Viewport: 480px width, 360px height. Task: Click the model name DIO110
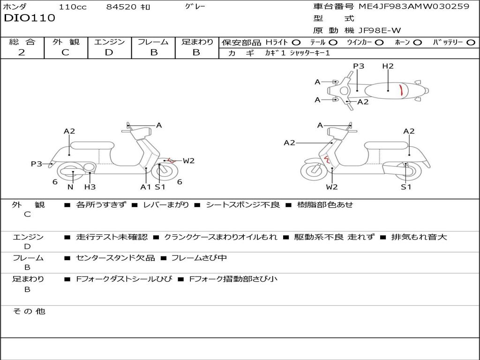(x=30, y=18)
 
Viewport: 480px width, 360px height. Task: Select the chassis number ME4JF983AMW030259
(x=414, y=7)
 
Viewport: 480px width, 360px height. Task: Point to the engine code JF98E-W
(x=380, y=30)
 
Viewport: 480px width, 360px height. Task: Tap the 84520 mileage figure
(x=121, y=7)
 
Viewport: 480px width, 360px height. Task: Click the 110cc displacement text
(x=73, y=7)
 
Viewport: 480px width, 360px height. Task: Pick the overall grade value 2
(x=22, y=52)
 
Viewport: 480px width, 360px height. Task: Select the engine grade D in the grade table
(x=109, y=52)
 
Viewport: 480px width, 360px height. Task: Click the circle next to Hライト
(x=296, y=42)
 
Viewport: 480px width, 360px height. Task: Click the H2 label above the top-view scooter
(x=388, y=66)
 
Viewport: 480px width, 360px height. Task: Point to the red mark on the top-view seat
(x=401, y=89)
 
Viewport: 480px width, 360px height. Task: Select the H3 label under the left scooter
(x=90, y=187)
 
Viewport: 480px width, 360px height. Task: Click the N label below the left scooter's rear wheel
(x=70, y=187)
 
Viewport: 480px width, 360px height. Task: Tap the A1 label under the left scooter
(x=146, y=187)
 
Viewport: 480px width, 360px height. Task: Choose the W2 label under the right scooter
(x=332, y=187)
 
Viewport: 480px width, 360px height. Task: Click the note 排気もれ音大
(x=419, y=237)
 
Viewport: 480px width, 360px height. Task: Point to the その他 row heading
(x=29, y=311)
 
